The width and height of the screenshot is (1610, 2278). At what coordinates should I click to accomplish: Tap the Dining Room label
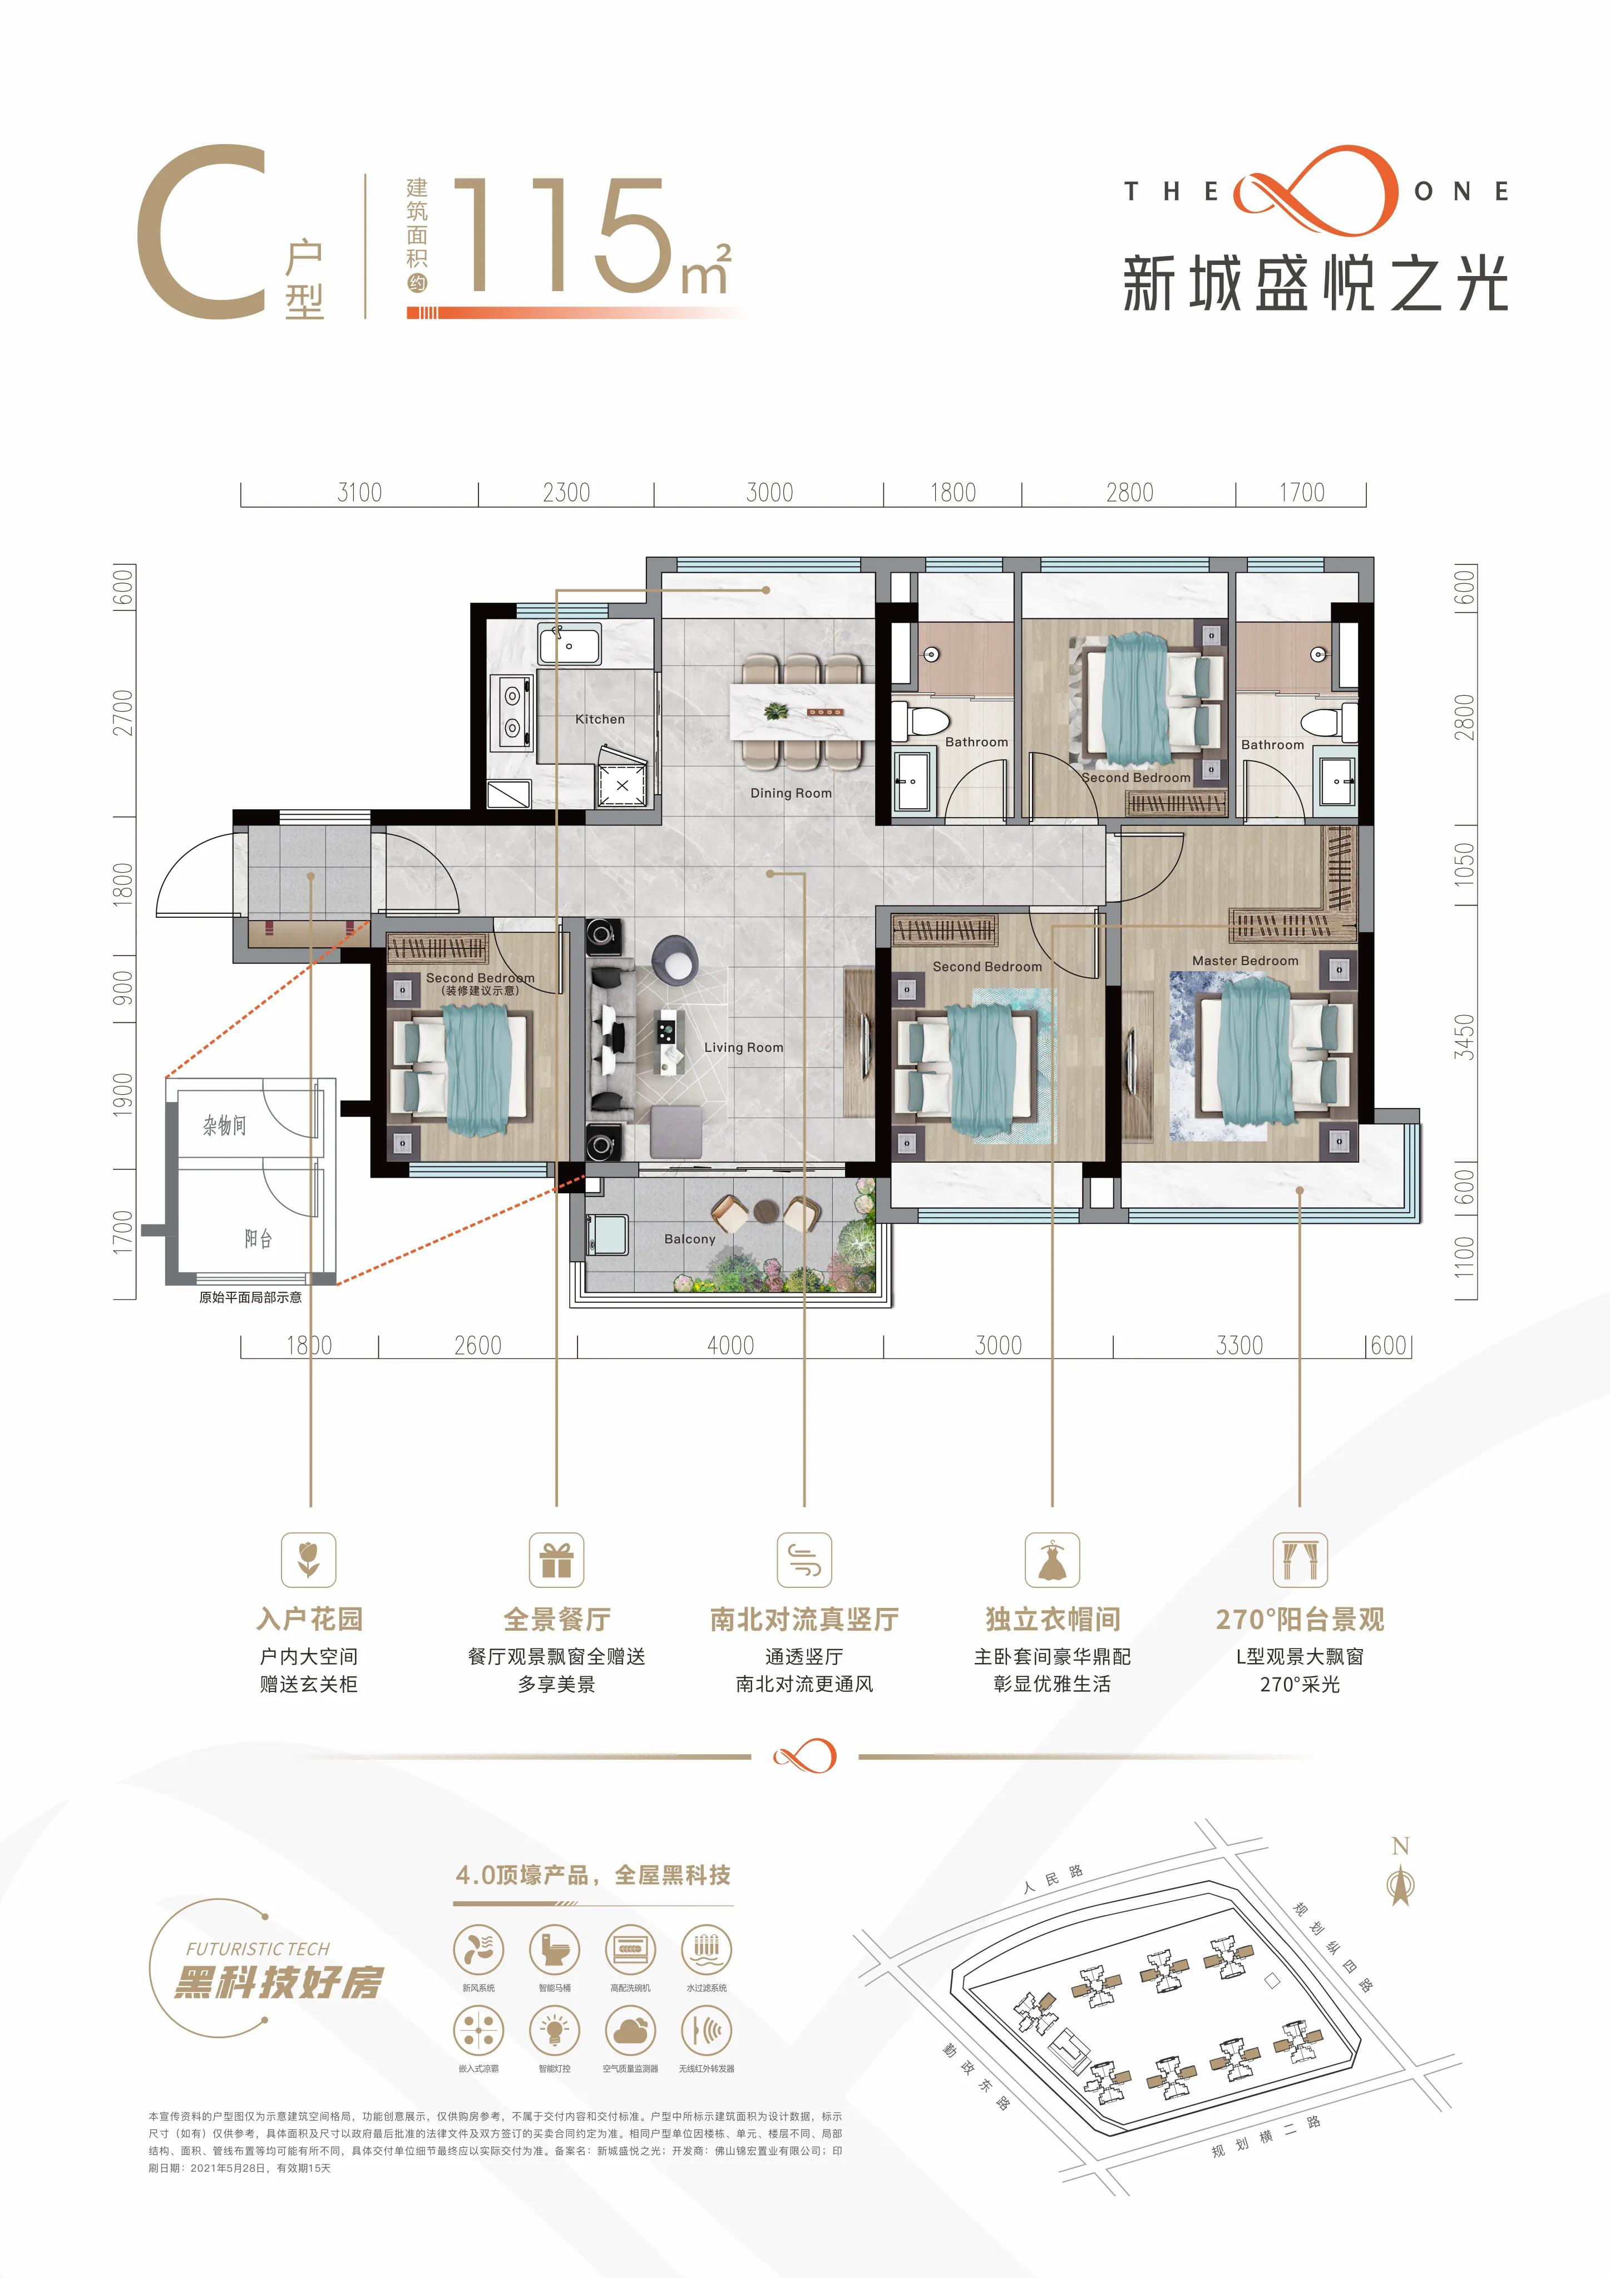[x=791, y=793]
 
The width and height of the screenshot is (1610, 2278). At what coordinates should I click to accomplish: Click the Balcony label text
[x=689, y=1239]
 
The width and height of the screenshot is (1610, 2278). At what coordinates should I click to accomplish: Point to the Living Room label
[x=743, y=1047]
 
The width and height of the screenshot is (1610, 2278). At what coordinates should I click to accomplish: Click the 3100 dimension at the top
[x=359, y=492]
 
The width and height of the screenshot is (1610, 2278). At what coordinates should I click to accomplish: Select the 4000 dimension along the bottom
[x=730, y=1345]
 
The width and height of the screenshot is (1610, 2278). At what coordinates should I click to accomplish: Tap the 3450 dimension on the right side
[x=1464, y=1037]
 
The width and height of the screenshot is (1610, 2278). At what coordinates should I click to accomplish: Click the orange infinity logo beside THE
[x=1315, y=190]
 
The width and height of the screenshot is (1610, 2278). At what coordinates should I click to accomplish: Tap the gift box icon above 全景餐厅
[x=556, y=1559]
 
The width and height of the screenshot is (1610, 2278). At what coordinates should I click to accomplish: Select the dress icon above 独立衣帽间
[x=1051, y=1559]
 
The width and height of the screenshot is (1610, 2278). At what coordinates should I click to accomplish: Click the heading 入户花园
[x=309, y=1619]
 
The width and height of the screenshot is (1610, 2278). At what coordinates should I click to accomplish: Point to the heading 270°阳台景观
[x=1300, y=1619]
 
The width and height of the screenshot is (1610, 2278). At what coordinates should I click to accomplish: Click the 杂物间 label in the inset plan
[x=225, y=1125]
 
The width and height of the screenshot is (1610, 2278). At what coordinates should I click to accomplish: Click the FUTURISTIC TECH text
[x=258, y=1949]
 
